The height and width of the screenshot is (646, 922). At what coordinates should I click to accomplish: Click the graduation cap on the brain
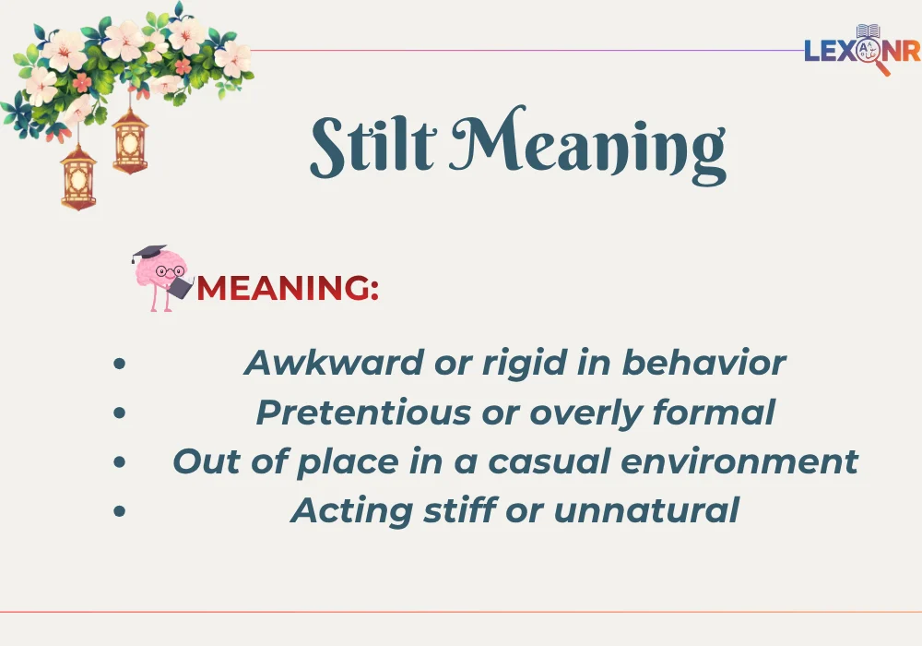click(148, 253)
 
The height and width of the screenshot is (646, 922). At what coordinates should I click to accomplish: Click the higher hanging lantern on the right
click(130, 138)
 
